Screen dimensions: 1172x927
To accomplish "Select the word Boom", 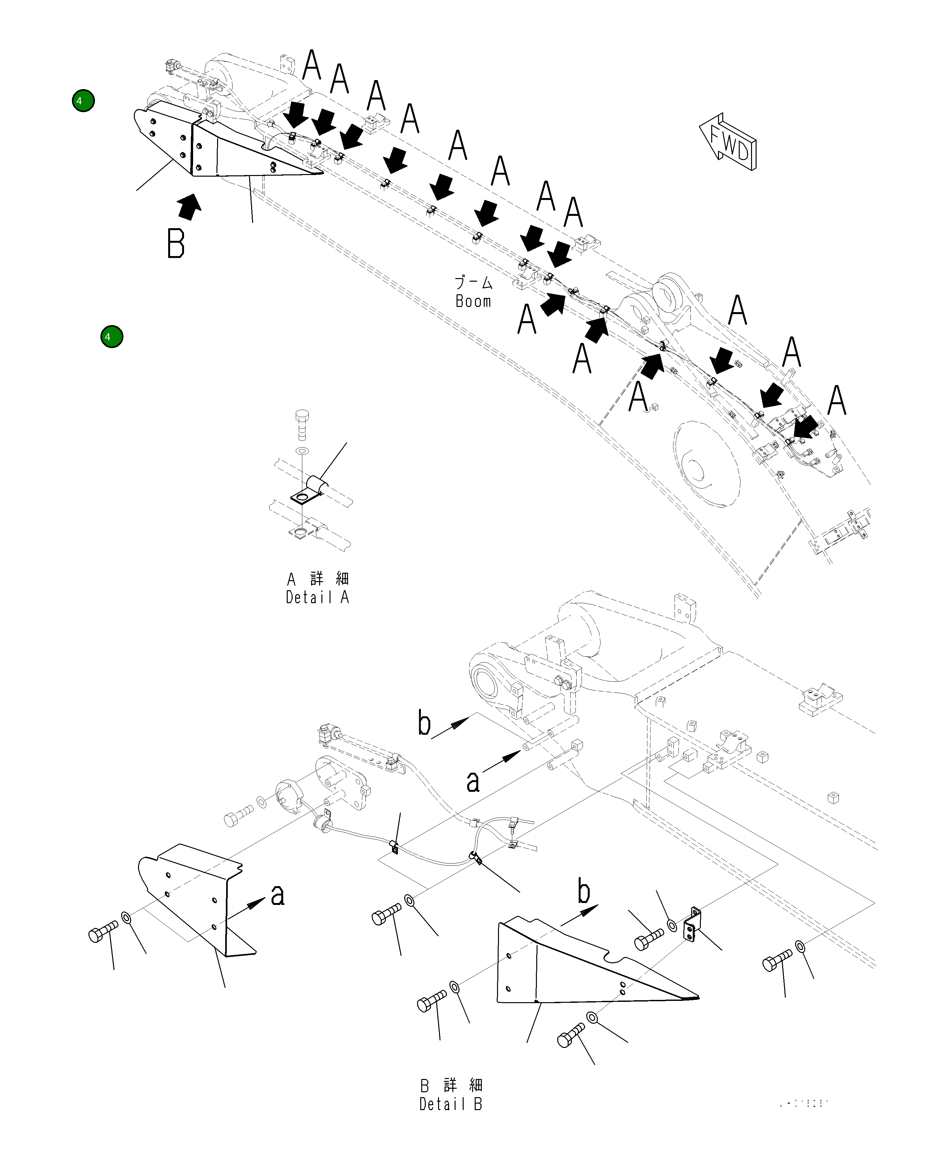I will [x=473, y=301].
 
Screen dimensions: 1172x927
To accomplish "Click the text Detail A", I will [x=318, y=598].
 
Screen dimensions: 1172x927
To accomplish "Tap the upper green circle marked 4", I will [x=83, y=101].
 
